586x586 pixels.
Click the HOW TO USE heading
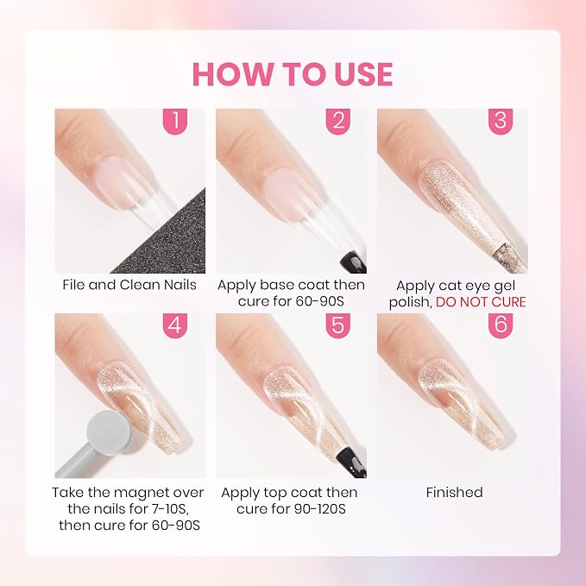(293, 74)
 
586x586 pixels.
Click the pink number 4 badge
(175, 325)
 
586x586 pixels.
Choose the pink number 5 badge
(337, 325)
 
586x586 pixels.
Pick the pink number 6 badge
(501, 325)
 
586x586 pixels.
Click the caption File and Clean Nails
(129, 285)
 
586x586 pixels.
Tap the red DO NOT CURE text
(481, 302)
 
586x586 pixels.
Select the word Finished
(455, 492)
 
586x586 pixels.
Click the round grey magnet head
(109, 432)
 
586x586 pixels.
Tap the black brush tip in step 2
(353, 261)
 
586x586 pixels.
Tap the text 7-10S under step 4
(167, 509)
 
